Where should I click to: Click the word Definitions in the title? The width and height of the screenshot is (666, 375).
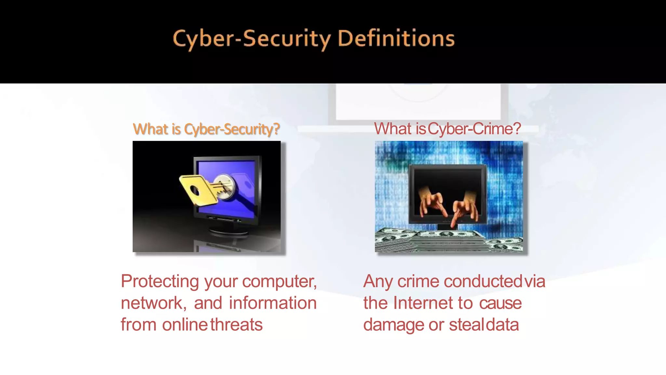pyautogui.click(x=396, y=38)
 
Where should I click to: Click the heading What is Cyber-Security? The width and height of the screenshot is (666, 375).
pyautogui.click(x=206, y=129)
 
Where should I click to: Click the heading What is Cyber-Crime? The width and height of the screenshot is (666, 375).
pyautogui.click(x=447, y=129)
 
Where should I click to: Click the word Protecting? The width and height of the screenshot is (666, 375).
pyautogui.click(x=160, y=281)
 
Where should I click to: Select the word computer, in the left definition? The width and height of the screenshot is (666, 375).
pyautogui.click(x=279, y=281)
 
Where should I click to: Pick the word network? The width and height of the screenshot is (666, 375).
pyautogui.click(x=153, y=303)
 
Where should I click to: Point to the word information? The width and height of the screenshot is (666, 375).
pyautogui.click(x=273, y=303)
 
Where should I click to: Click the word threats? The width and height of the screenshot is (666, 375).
pyautogui.click(x=236, y=325)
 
